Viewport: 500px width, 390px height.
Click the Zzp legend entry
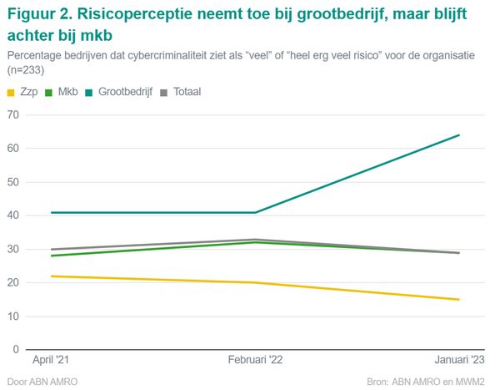(x=21, y=91)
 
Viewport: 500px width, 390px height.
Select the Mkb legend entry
(x=61, y=91)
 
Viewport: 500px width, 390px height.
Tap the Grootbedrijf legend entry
(x=117, y=91)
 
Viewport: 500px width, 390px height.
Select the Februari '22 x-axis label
(x=256, y=359)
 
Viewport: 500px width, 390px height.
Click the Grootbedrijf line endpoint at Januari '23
(x=459, y=135)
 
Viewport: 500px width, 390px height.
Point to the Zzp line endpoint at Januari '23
(x=459, y=300)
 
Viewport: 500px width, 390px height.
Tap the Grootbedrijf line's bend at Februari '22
(x=256, y=212)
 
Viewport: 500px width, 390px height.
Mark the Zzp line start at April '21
(x=52, y=276)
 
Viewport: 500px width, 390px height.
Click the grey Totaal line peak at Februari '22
(x=256, y=240)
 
